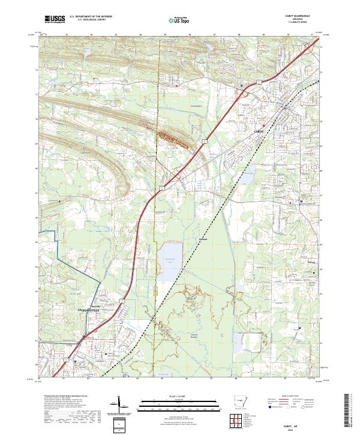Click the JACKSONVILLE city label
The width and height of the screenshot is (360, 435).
point(90,310)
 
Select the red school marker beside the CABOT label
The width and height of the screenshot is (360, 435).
point(263,125)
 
